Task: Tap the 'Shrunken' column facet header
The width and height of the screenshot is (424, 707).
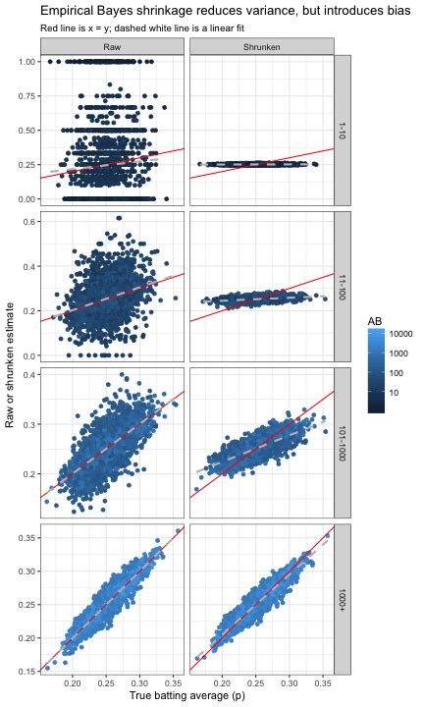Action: (x=261, y=46)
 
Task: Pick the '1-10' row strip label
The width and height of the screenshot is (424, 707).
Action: (x=343, y=131)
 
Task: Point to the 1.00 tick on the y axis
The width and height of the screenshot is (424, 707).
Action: (x=26, y=62)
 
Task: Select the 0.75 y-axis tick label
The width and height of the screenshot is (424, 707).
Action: (x=26, y=96)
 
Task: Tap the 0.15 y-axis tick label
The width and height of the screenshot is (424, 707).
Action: (x=26, y=670)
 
